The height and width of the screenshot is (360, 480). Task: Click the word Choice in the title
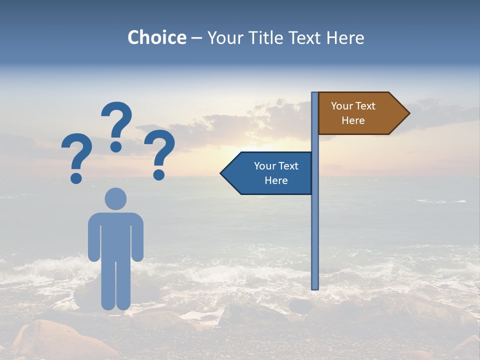click(156, 37)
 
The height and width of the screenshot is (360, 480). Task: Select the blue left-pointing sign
click(270, 173)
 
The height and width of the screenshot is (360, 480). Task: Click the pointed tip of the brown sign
click(407, 113)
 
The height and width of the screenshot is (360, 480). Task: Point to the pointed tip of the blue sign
click(222, 173)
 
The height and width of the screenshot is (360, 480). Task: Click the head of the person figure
click(115, 198)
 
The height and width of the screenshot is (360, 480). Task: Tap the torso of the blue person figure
click(115, 235)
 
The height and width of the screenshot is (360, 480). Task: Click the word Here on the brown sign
click(353, 120)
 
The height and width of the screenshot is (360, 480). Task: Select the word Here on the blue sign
click(276, 180)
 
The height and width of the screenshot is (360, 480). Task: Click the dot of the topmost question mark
click(116, 146)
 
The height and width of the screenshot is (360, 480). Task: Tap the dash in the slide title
click(196, 38)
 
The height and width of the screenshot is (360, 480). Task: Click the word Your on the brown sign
click(341, 106)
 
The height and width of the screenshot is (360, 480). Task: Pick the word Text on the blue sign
click(288, 166)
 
